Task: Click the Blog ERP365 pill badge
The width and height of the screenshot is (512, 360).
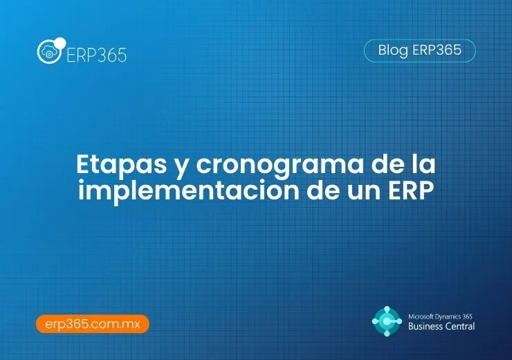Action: [x=419, y=51]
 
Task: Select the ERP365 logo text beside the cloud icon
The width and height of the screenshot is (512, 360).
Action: [x=96, y=55]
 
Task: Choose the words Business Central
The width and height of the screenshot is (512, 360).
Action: [x=441, y=326]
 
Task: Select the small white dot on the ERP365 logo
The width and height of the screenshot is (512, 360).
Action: [x=60, y=44]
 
